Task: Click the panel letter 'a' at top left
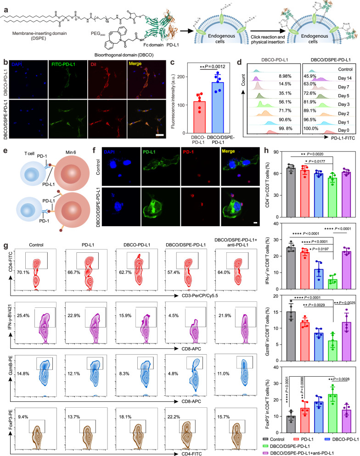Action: pos(4,4)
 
